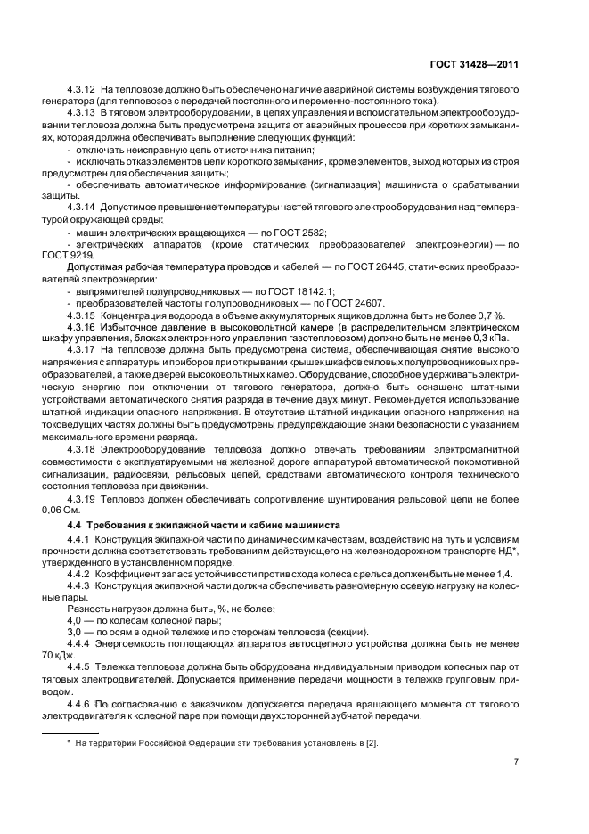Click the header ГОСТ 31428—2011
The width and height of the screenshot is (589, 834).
point(475,64)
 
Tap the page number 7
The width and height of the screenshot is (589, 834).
point(516,762)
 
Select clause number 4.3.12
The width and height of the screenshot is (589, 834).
point(82,91)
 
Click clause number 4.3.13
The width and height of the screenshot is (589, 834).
point(82,114)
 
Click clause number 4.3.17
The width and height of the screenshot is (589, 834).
point(82,350)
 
